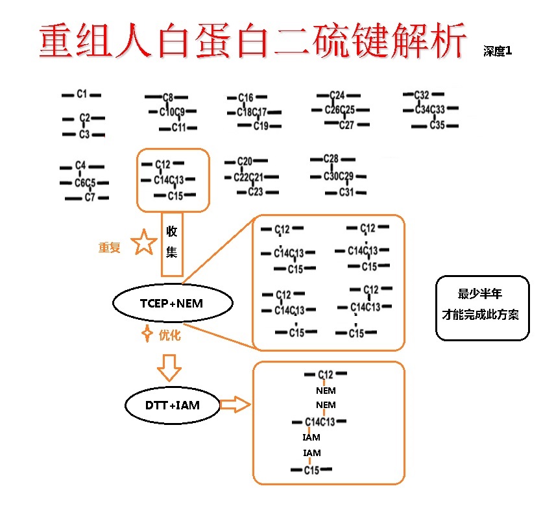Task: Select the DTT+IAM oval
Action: pos(173,405)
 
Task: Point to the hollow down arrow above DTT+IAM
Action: pos(170,367)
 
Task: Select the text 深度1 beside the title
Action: pos(497,51)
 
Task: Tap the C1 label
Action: pos(82,95)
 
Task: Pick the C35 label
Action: pos(437,125)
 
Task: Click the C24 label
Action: pos(337,95)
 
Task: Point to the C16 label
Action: pos(246,98)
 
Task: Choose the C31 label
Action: pos(347,192)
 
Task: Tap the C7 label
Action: pos(90,197)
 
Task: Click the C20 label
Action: pos(245,161)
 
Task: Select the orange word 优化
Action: pos(169,335)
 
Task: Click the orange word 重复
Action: pos(109,247)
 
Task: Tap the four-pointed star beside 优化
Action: pos(147,335)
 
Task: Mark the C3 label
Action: pos(84,134)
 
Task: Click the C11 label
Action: pos(179,127)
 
